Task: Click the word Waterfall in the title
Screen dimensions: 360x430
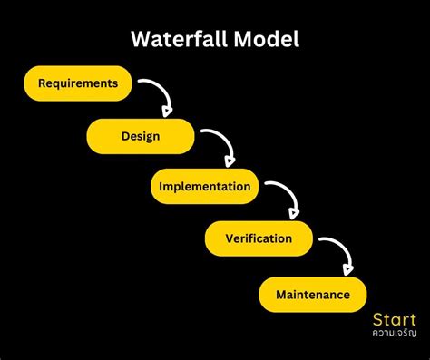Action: (181, 40)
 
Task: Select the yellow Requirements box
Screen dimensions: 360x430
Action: (78, 83)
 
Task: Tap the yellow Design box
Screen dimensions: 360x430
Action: (141, 136)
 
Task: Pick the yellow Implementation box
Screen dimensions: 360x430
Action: (204, 187)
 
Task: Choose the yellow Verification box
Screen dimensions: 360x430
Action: (259, 239)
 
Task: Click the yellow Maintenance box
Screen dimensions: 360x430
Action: (312, 294)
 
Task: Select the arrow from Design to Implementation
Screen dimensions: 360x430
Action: (220, 145)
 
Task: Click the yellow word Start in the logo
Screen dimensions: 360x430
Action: (394, 319)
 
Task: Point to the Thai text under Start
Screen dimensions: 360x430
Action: (394, 334)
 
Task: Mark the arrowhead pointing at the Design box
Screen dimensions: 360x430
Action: (168, 112)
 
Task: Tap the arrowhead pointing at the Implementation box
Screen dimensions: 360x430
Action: (229, 163)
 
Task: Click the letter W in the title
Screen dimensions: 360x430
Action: (141, 40)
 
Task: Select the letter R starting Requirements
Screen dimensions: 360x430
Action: (43, 83)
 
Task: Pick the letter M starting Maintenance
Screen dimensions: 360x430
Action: (280, 294)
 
